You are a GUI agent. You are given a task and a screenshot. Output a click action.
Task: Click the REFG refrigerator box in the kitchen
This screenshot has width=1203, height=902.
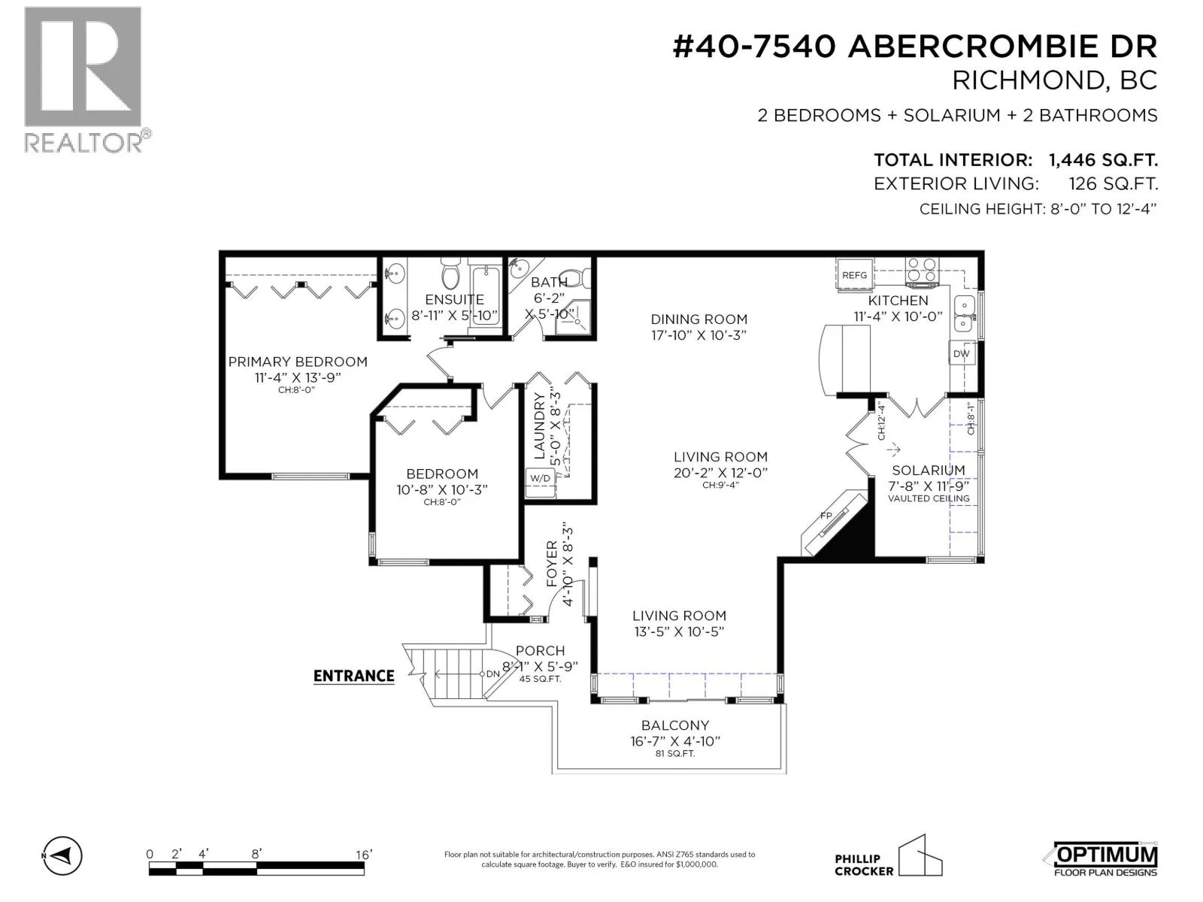(854, 275)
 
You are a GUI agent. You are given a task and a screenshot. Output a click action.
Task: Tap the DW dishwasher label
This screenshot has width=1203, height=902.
(961, 354)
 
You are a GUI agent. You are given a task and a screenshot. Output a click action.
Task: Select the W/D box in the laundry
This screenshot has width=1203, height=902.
(540, 482)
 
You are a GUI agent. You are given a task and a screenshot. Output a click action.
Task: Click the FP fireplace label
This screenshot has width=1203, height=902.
(826, 516)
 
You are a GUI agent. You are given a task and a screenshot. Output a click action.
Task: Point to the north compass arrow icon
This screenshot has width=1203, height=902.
(62, 855)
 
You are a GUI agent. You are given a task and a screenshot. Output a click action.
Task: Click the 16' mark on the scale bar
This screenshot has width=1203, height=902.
(363, 855)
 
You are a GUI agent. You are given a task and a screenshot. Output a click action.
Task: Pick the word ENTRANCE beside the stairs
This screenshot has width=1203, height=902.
(353, 676)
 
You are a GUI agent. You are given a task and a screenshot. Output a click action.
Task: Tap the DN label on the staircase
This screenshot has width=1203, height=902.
(492, 673)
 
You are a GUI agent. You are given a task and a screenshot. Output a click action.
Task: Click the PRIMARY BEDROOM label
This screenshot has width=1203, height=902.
(298, 362)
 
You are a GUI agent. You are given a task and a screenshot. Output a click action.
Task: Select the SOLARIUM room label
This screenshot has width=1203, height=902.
(929, 470)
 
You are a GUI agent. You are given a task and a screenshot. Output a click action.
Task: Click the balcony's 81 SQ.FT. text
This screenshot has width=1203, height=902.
(674, 754)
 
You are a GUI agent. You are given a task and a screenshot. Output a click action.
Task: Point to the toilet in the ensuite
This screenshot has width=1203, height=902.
(452, 274)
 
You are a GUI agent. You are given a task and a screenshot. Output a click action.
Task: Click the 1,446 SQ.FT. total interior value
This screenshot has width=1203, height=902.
(1103, 160)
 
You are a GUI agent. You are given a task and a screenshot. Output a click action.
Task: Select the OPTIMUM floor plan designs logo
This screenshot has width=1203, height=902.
(1105, 858)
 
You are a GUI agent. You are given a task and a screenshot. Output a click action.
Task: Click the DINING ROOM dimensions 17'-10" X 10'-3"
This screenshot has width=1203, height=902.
(698, 335)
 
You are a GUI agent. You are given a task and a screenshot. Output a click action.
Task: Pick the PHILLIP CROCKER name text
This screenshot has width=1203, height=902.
(864, 864)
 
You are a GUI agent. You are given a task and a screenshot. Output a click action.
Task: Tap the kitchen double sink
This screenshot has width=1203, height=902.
(963, 313)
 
